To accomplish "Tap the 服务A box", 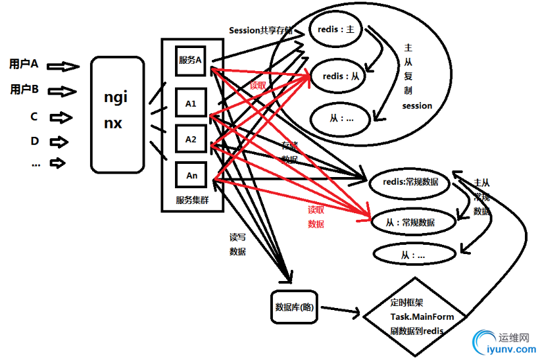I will click(190, 59).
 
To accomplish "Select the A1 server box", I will click(191, 103).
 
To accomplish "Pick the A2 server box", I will click(191, 139).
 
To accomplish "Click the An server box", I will click(191, 175).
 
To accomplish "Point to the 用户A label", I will click(24, 64).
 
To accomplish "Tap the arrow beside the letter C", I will click(61, 117).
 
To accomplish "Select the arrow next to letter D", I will click(59, 141).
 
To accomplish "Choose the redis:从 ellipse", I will click(341, 76).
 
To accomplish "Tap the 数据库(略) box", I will click(295, 306).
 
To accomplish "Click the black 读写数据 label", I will click(237, 244).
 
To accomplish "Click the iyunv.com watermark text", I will click(508, 351).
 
